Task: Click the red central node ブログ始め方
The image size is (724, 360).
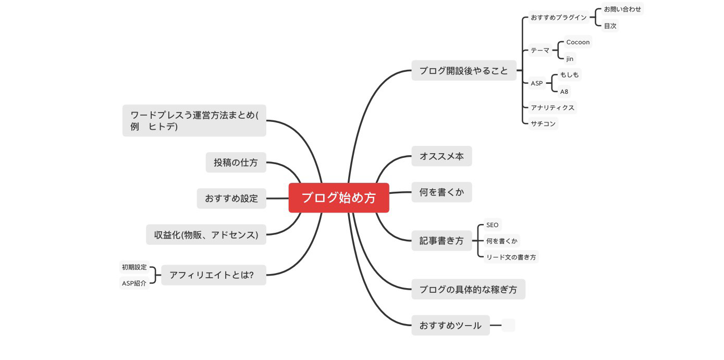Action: tap(339, 198)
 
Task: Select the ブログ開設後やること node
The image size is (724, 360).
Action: tap(463, 70)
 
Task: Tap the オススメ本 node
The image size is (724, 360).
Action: tap(441, 156)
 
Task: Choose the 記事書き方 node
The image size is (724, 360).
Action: tap(441, 241)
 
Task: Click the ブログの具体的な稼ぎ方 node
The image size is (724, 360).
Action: tap(468, 289)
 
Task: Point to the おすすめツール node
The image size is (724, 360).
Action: tap(450, 326)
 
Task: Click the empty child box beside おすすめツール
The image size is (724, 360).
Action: tap(508, 326)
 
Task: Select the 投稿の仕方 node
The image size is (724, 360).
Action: tap(236, 163)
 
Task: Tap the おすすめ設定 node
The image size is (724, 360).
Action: tap(231, 198)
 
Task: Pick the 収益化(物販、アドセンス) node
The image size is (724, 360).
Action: tap(206, 234)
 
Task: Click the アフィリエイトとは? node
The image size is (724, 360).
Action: tap(213, 275)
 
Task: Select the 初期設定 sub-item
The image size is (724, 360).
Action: tap(134, 267)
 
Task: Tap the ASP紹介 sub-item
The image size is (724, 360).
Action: tap(134, 283)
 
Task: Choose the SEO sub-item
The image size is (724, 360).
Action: tap(492, 225)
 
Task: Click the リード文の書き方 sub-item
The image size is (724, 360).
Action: tap(511, 257)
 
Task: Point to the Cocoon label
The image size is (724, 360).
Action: tap(578, 42)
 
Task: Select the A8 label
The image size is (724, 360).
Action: tap(564, 92)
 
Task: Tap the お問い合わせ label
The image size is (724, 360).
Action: tap(622, 9)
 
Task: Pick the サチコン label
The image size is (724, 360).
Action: tap(543, 124)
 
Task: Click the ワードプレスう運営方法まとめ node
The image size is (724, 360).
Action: tap(194, 120)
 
